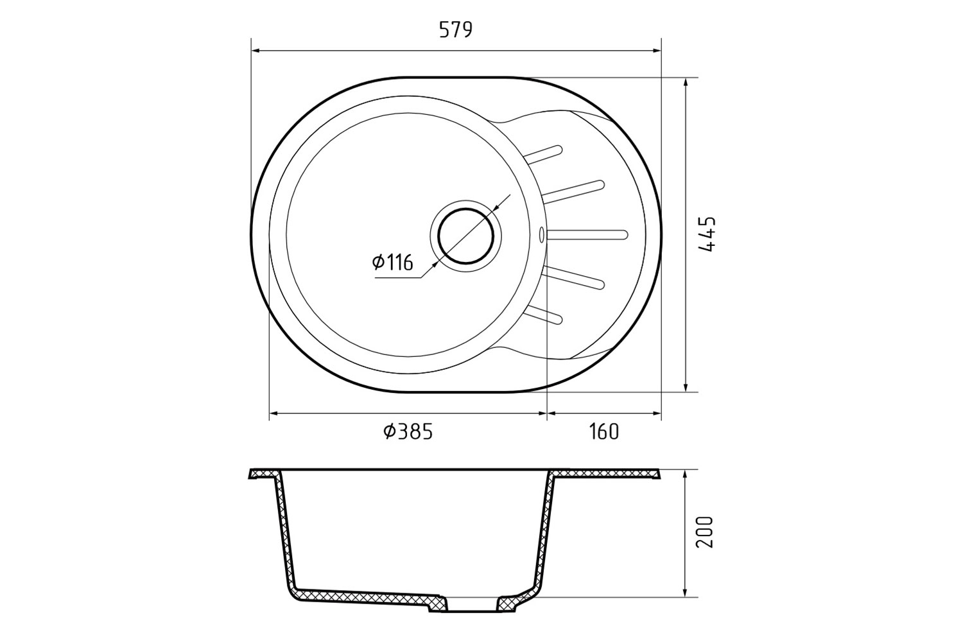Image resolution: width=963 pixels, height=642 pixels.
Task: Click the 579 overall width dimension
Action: tap(455, 30)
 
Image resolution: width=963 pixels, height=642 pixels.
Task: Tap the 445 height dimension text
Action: tap(707, 234)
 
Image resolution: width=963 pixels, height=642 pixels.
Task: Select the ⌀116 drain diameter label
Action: tap(392, 263)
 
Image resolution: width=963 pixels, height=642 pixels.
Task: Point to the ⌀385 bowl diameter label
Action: tap(408, 431)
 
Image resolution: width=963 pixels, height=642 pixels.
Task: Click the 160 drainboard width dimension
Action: tap(603, 431)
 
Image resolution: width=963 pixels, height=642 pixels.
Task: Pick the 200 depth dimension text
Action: tap(704, 532)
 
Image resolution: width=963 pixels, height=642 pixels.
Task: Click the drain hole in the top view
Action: tap(466, 236)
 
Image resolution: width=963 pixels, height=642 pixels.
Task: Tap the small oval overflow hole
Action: tap(541, 235)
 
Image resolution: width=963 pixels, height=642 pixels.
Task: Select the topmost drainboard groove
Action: tap(543, 154)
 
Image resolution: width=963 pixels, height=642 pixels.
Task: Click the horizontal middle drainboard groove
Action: tap(587, 235)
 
